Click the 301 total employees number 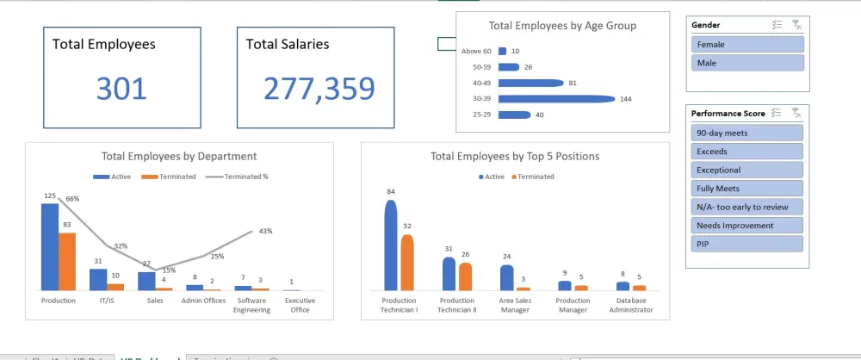121,89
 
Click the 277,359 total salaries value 319,89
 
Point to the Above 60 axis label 476,51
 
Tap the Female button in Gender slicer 747,44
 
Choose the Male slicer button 747,63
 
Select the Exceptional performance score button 747,170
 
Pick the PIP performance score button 747,244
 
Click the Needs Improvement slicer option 747,226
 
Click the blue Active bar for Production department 50,246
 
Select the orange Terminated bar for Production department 67,261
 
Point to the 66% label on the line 72,199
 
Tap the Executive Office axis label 300,305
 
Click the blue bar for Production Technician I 391,245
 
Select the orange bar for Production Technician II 466,276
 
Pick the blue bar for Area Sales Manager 507,277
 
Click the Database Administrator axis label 632,305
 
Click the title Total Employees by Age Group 562,26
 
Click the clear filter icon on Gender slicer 796,25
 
